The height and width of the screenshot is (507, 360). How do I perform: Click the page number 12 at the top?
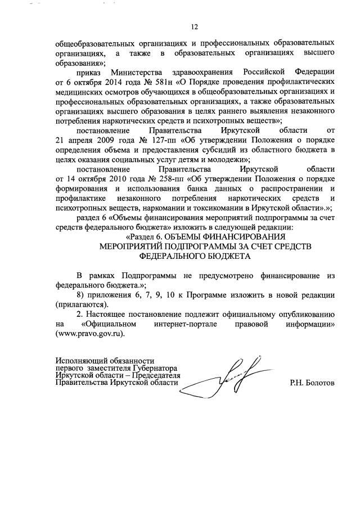click(x=195, y=26)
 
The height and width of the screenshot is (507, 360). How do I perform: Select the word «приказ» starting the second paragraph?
click(x=89, y=74)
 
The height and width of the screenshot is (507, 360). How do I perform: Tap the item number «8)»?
click(x=82, y=295)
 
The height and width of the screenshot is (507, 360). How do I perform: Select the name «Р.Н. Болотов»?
click(x=313, y=383)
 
